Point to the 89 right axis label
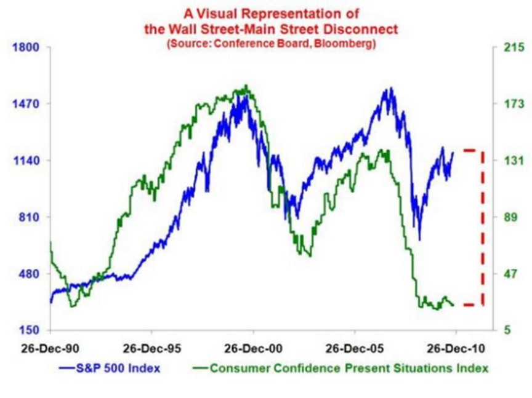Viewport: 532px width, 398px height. pyautogui.click(x=507, y=217)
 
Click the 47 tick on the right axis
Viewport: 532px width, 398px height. pyautogui.click(x=507, y=274)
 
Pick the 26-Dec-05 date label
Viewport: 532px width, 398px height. pyautogui.click(x=355, y=348)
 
